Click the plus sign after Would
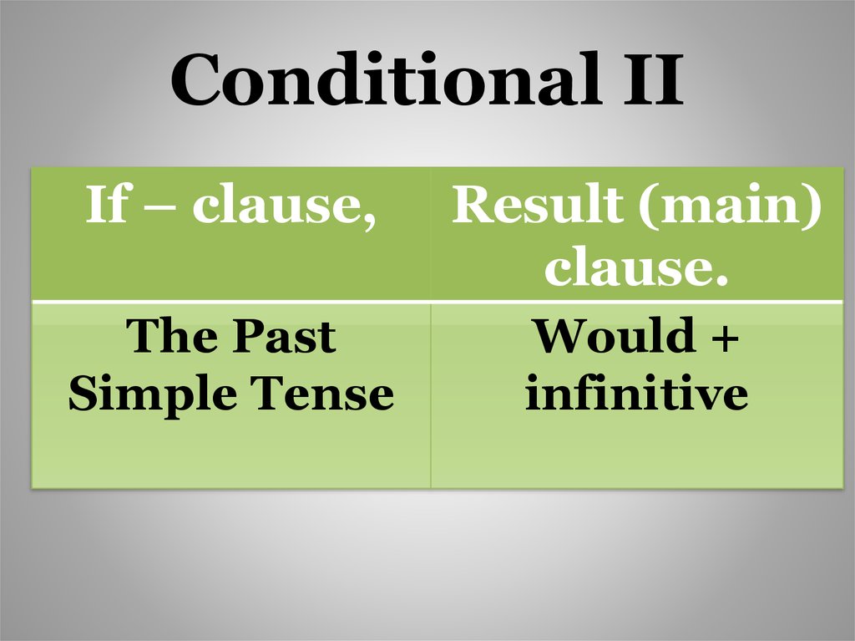point(726,338)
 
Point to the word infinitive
point(635,393)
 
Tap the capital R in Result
point(471,206)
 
